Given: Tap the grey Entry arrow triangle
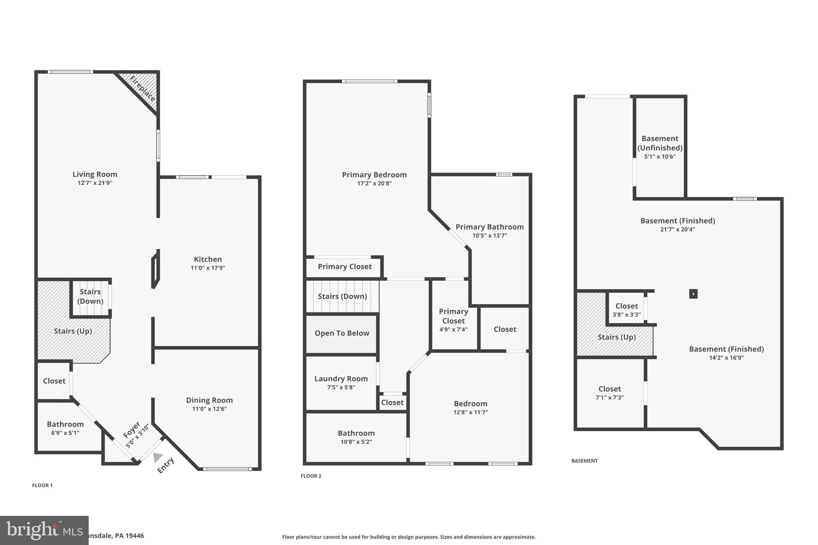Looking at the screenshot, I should (x=158, y=457).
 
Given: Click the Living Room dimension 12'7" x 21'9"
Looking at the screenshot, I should (x=95, y=183).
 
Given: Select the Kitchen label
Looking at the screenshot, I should (x=208, y=259).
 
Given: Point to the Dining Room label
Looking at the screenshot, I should (x=209, y=400).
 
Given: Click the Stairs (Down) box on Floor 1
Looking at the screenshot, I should (x=91, y=297).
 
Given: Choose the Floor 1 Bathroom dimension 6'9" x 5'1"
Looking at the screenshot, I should (x=65, y=433).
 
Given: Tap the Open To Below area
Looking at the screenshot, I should (x=341, y=333).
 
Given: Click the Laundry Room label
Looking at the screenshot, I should (x=341, y=379).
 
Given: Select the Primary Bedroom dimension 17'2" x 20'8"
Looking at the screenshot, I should (x=374, y=184).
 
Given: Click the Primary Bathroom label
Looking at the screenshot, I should (x=490, y=227).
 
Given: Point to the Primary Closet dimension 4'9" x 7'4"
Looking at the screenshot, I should (x=453, y=330).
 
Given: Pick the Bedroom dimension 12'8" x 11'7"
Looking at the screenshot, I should (x=471, y=412).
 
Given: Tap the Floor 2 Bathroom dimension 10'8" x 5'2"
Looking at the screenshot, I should (x=356, y=442).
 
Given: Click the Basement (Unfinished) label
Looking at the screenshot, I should (x=660, y=143).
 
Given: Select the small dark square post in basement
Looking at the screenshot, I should (x=693, y=294).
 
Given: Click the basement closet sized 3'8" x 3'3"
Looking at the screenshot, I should (x=626, y=309).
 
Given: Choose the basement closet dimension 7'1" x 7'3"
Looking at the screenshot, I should (x=610, y=398).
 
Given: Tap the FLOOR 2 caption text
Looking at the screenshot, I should (x=311, y=476).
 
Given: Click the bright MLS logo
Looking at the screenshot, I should (x=44, y=530).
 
